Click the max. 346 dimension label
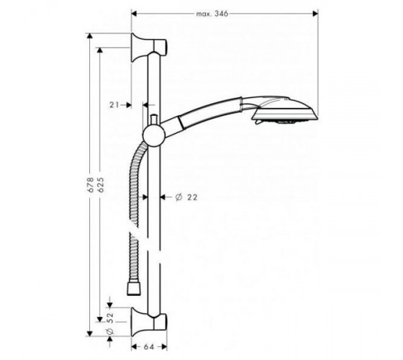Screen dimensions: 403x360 click(212, 14)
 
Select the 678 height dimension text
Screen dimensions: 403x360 click(90, 184)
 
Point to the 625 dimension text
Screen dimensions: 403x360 click(101, 184)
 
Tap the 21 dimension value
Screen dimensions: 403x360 click(114, 104)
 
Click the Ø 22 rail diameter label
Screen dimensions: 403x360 click(186, 197)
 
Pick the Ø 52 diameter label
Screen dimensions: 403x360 click(109, 324)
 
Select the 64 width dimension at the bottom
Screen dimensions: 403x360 click(148, 347)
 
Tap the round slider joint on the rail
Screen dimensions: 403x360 click(153, 136)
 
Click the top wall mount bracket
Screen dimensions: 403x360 click(148, 48)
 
